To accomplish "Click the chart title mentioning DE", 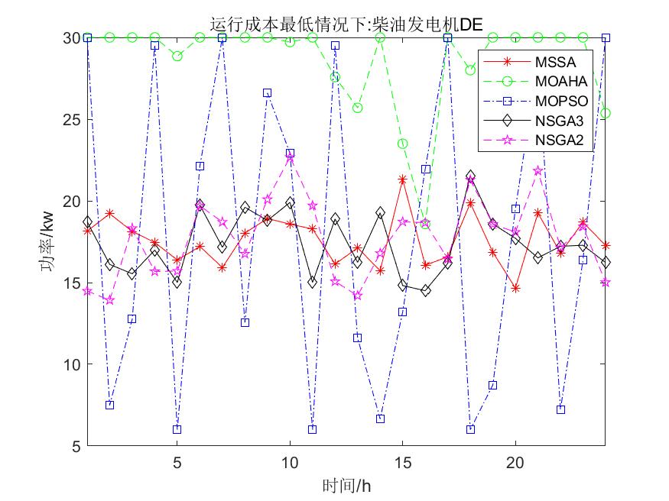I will coord(346,25).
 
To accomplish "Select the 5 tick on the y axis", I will coord(76,446).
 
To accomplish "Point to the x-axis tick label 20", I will coord(515,463).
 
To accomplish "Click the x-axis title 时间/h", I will coord(346,485).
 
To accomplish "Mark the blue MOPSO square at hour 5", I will coord(177,429).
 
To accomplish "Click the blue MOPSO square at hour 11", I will coord(312,429).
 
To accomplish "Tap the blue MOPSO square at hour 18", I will coord(470,429).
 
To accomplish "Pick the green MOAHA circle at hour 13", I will coord(357,108).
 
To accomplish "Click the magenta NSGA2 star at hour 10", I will coord(290,157).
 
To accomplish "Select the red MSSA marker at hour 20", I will coord(515,288).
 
